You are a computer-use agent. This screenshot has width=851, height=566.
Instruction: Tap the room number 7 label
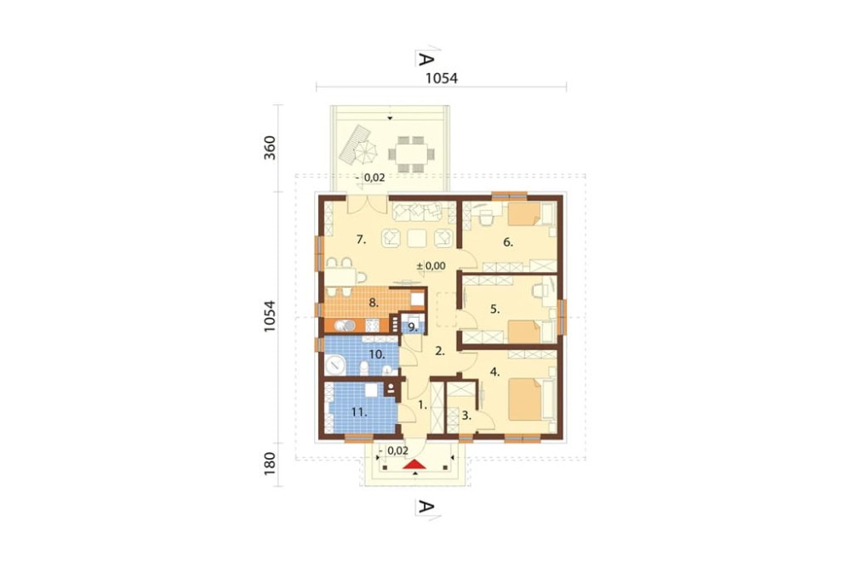coord(362,239)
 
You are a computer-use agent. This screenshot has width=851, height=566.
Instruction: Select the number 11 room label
coord(359,412)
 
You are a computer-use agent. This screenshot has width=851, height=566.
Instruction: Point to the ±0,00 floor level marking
coord(431,266)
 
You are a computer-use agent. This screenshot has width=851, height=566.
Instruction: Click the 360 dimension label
coord(270,148)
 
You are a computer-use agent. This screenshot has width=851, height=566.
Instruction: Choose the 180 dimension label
coord(270,464)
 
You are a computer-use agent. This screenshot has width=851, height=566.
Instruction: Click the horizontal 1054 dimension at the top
coord(441,78)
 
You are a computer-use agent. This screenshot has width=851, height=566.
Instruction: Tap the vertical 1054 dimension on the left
coord(270,317)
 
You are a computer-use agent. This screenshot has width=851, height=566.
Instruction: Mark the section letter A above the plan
coord(426,59)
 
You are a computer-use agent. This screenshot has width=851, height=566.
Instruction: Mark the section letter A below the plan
coord(426,507)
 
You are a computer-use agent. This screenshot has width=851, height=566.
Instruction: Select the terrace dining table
coord(411,154)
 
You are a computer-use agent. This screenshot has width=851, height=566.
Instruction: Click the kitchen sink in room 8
coord(345,325)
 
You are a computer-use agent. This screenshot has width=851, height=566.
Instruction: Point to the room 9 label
coord(413,327)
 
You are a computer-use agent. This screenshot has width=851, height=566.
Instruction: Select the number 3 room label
coord(466,416)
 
